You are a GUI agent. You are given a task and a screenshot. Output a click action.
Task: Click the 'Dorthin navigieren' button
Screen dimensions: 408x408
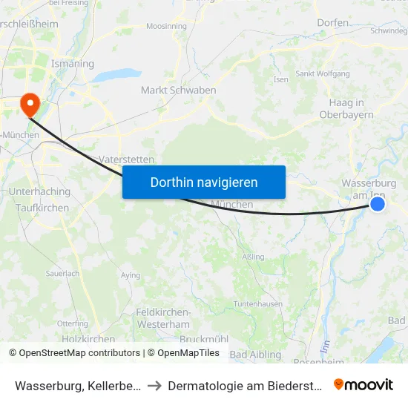point(204,182)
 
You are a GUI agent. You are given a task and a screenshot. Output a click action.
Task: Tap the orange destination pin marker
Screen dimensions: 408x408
point(30,104)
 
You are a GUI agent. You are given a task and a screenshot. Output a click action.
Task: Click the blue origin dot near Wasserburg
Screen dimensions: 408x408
point(378,203)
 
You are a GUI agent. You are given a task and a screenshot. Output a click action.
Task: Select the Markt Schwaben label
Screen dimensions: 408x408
point(178,91)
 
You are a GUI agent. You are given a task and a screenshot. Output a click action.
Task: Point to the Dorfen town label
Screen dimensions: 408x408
point(332,23)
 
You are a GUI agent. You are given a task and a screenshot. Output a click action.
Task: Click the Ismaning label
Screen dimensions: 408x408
point(72,64)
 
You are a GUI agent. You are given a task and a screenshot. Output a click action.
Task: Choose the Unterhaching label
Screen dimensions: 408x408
point(39,191)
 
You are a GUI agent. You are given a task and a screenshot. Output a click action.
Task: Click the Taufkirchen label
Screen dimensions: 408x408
point(42,208)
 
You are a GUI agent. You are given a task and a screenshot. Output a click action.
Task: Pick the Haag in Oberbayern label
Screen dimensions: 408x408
point(346,108)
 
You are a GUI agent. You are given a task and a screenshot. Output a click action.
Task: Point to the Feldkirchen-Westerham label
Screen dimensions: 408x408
point(163,318)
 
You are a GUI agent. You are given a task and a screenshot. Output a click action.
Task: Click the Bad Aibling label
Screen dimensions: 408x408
point(255,355)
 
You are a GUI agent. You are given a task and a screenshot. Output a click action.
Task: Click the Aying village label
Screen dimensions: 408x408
point(130,275)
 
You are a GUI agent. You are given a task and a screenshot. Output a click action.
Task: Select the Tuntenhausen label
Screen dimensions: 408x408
point(259,304)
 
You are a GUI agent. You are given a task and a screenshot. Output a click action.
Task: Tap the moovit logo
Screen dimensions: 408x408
point(363,384)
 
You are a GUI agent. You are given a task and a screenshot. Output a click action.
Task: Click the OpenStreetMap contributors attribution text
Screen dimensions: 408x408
point(79,353)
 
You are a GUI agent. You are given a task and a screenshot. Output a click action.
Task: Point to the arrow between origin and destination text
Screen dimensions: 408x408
point(154,385)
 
